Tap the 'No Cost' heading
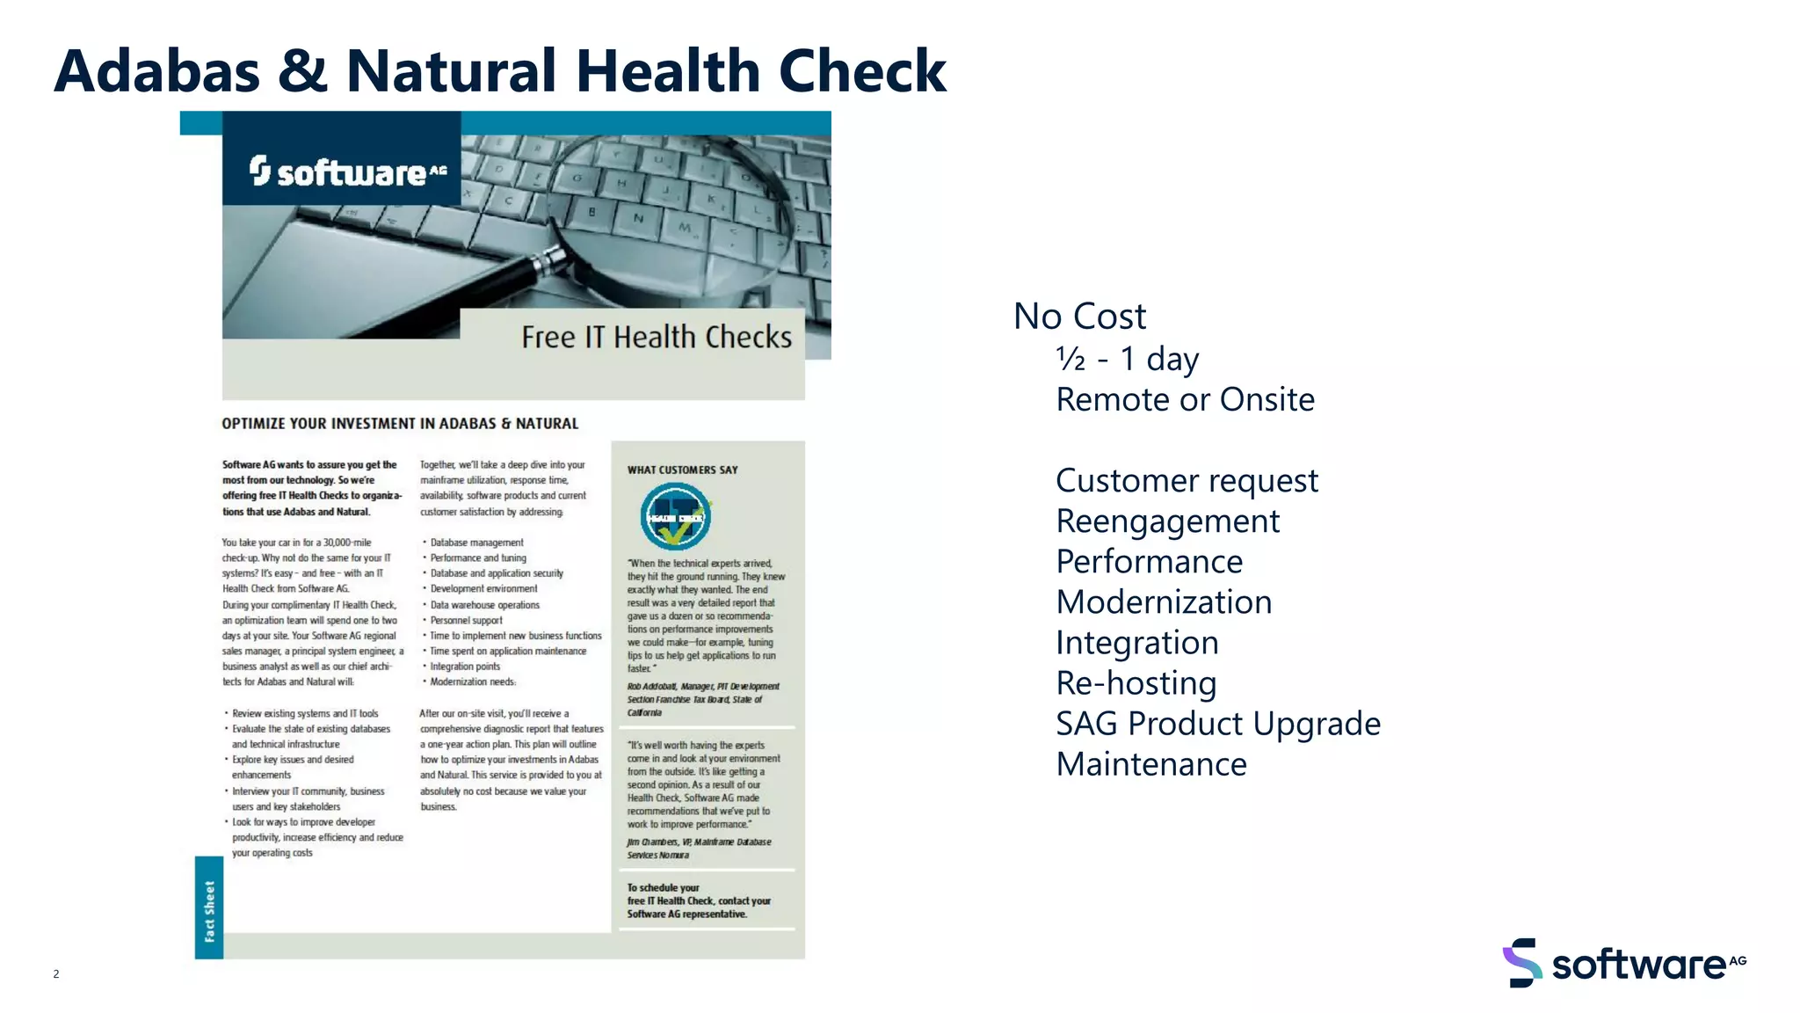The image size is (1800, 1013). click(1079, 317)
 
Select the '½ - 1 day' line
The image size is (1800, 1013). click(1127, 359)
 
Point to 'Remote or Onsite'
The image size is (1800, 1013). click(1185, 400)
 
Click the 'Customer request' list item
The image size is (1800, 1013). click(1187, 481)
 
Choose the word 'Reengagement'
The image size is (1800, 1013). click(1167, 521)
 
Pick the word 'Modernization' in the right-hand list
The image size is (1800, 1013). click(1164, 602)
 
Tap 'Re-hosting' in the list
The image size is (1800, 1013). click(1136, 683)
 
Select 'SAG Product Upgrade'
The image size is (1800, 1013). click(1218, 724)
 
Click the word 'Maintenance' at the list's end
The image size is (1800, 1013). click(1151, 765)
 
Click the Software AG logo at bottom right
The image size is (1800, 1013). click(1624, 964)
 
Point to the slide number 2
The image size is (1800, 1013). click(56, 973)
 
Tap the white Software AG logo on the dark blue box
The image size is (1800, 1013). click(348, 171)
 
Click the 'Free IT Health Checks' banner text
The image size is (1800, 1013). click(656, 338)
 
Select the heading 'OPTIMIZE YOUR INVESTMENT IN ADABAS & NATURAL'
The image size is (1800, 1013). click(400, 424)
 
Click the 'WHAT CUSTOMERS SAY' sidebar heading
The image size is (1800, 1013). click(682, 470)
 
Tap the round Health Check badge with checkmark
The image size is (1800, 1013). click(675, 517)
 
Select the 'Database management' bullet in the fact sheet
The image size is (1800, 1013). click(476, 543)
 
